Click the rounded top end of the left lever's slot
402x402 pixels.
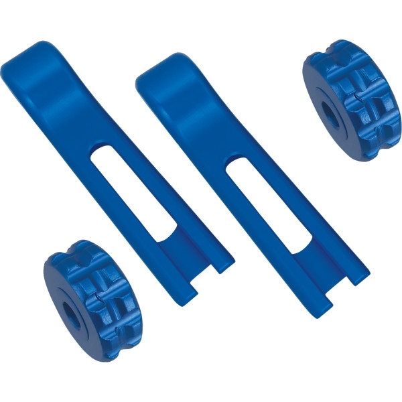[100, 151]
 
